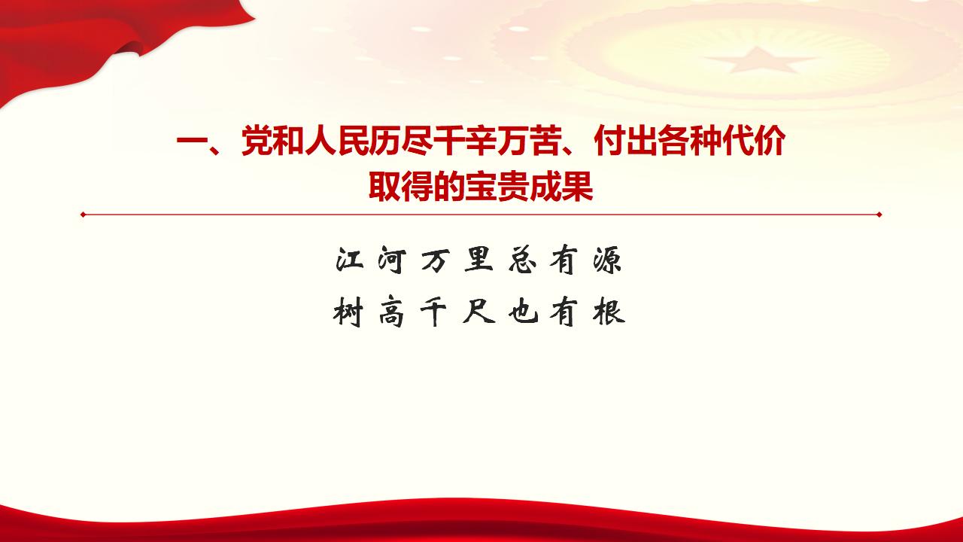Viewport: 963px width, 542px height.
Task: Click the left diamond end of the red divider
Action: [x=83, y=215]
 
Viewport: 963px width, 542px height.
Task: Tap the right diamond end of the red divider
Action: [x=879, y=215]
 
